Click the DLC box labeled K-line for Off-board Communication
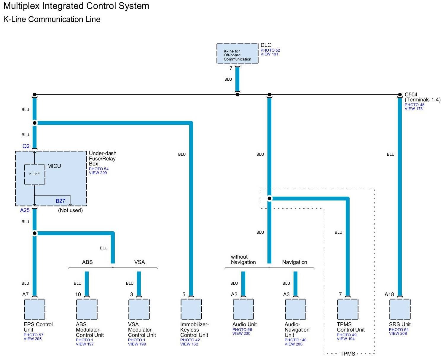pos(237,53)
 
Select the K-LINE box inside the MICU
pos(34,174)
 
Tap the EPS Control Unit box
pos(34,309)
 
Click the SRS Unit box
pos(399,309)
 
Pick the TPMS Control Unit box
pos(347,309)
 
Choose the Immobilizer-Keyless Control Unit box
pos(191,309)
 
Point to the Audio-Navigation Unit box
pos(295,309)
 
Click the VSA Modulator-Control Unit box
pos(139,309)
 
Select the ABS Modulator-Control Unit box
pos(87,309)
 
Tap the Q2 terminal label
pos(26,146)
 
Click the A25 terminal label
pos(25,210)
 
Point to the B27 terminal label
pos(60,201)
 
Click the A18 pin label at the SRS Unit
pos(389,294)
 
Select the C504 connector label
pos(411,94)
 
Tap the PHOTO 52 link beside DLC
pos(270,50)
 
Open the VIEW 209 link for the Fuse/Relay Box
pos(98,173)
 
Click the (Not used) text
pos(70,210)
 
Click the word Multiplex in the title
pos(21,6)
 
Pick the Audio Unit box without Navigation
pos(243,309)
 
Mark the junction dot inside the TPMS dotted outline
pos(269,198)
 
